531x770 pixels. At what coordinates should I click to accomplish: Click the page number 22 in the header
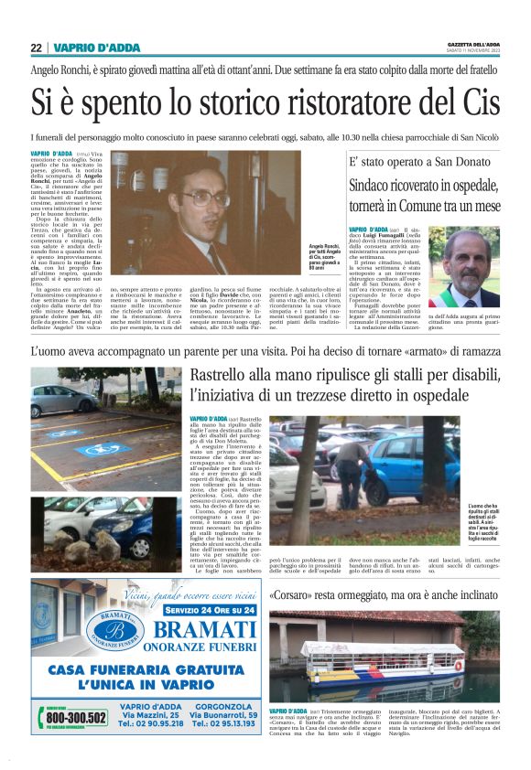click(x=36, y=48)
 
